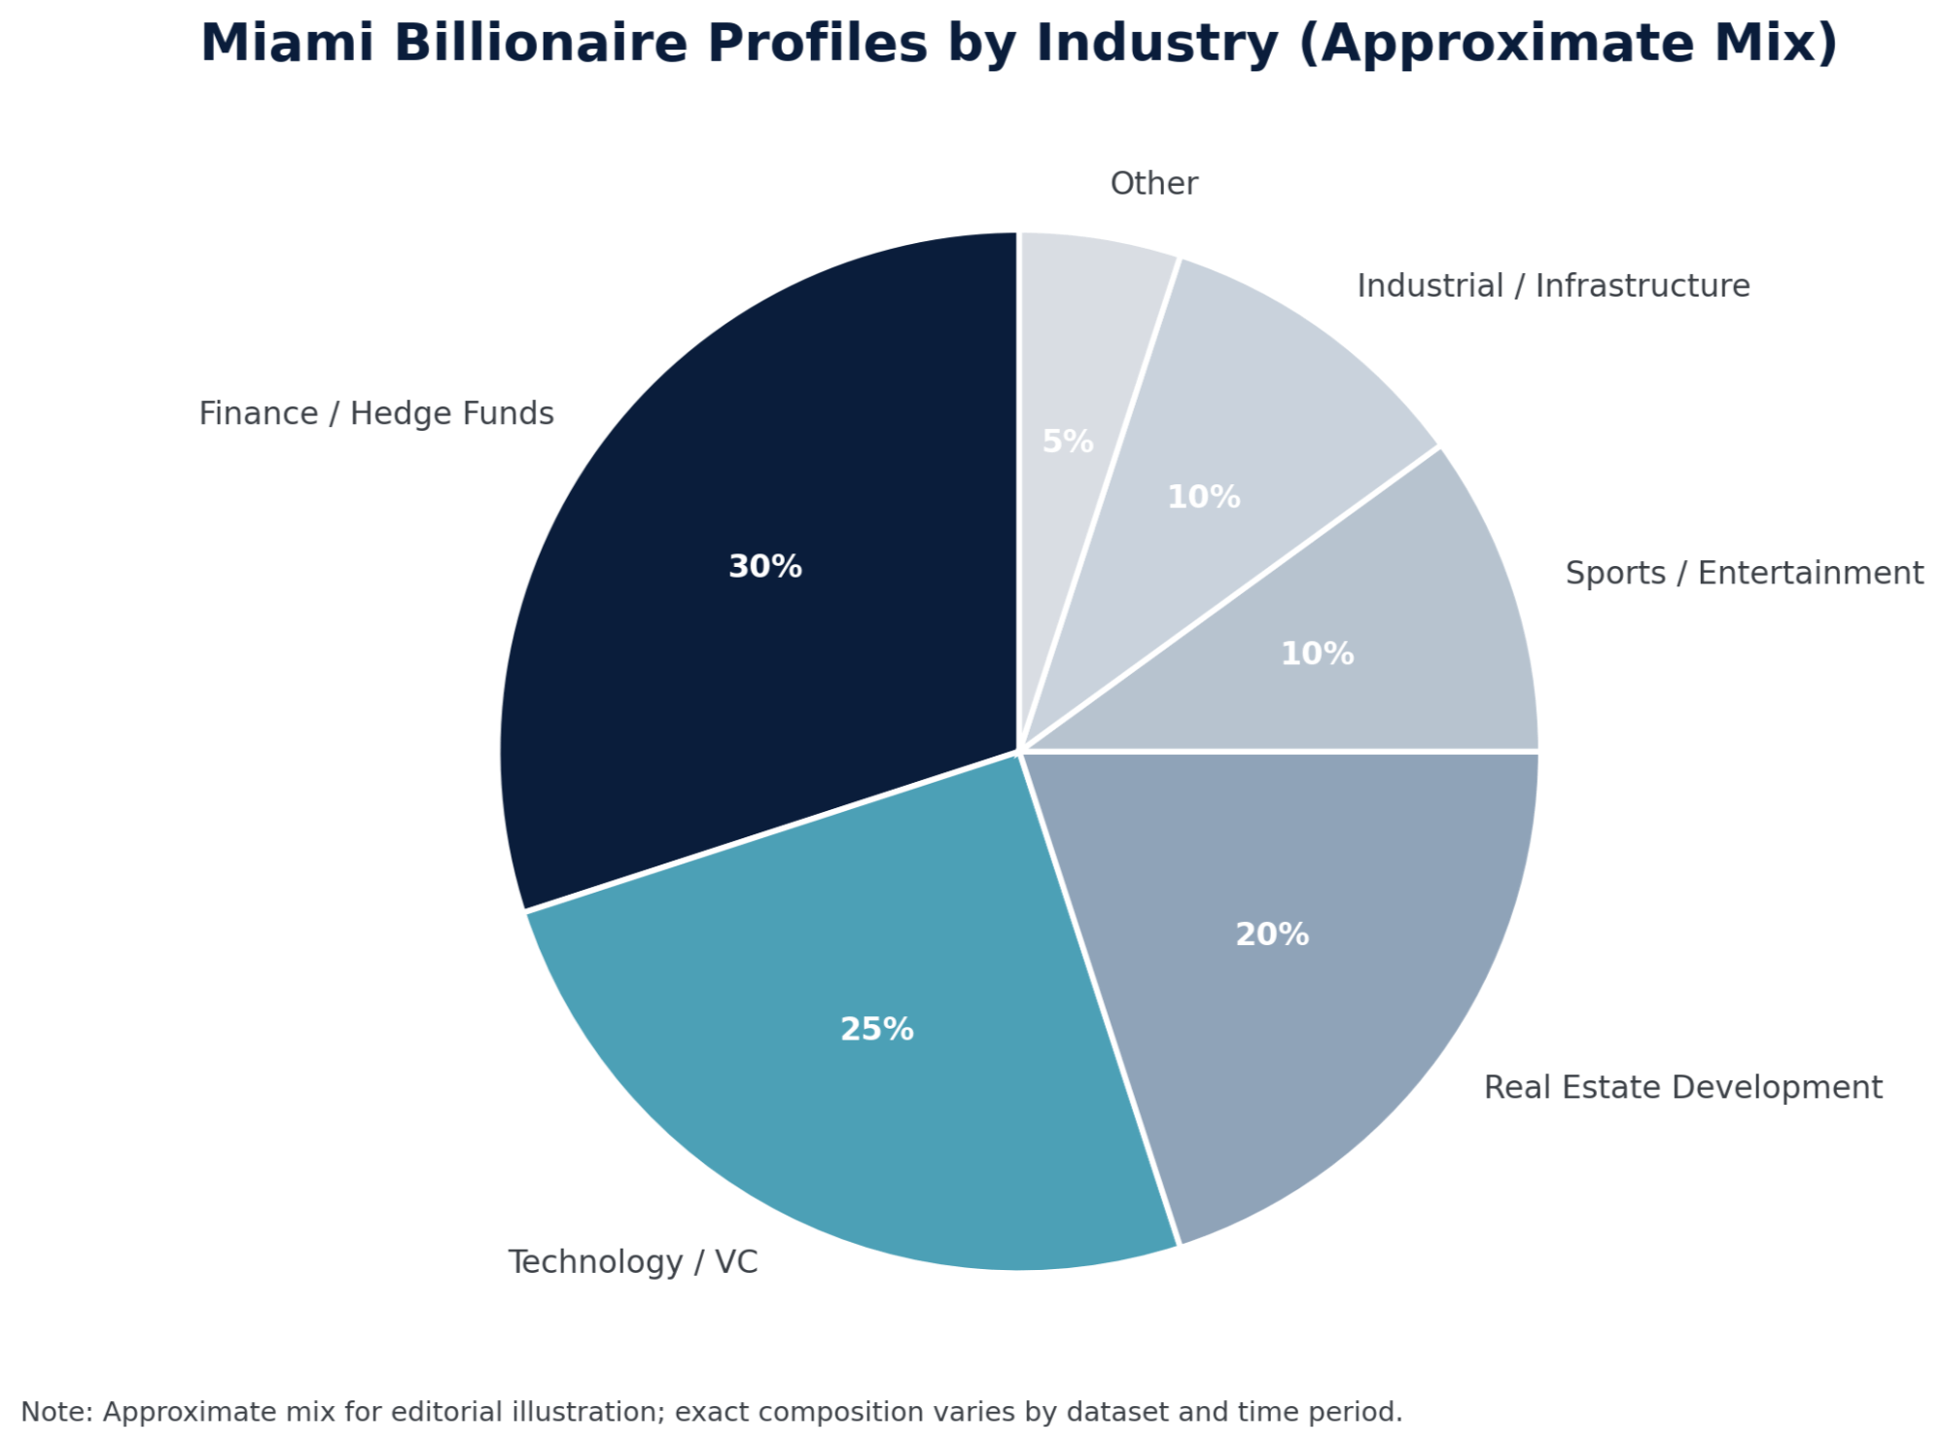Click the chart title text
pos(1018,44)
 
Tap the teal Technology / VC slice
pos(856,1089)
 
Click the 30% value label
pos(765,566)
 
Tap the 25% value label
pos(876,1029)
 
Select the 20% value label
pos(1272,935)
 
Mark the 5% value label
pos(1068,441)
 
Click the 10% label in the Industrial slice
pos(1204,497)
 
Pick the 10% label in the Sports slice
pos(1317,653)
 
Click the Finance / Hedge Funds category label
pos(376,413)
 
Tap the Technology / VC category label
pos(633,1261)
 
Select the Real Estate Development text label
pos(1682,1086)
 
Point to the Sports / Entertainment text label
pos(1744,573)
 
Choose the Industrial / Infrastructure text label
pos(1553,286)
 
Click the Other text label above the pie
pos(1153,184)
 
